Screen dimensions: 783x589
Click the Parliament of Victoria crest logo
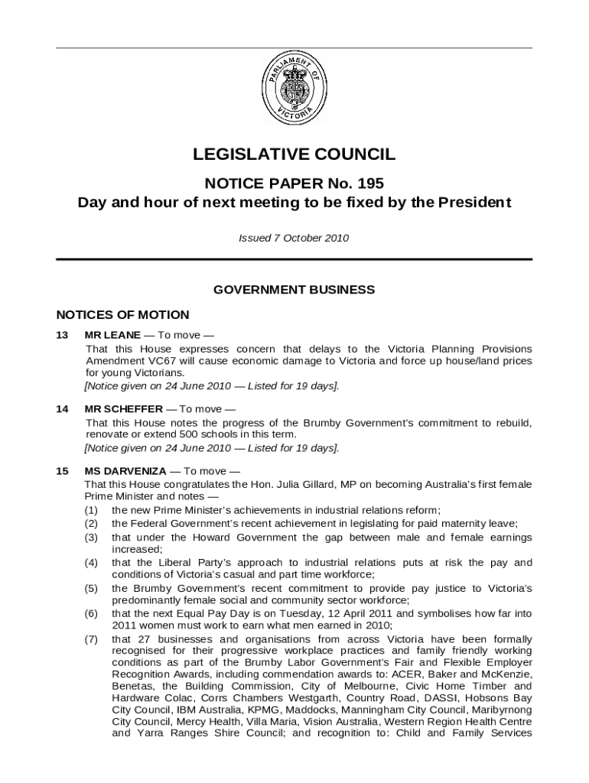294,90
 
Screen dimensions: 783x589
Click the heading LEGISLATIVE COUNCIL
294,154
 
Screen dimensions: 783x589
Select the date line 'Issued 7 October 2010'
294,238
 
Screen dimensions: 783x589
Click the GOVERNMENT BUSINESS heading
294,290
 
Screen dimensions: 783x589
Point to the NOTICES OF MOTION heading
123,315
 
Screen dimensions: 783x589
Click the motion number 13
63,335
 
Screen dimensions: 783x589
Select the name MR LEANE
112,335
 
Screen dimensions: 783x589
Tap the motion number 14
63,409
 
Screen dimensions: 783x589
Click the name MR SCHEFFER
123,409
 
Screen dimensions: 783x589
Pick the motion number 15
63,470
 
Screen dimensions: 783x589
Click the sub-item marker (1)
91,510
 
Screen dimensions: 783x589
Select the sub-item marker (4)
91,563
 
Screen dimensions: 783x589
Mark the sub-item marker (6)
91,614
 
